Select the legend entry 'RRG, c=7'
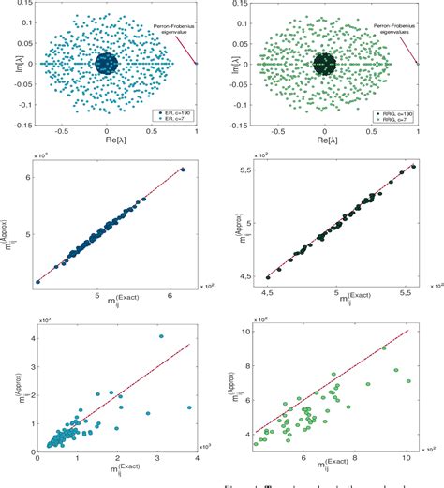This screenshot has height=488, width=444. click(x=388, y=119)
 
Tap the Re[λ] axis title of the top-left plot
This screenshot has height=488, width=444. click(x=106, y=142)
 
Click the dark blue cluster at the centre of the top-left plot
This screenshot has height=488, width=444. click(x=107, y=64)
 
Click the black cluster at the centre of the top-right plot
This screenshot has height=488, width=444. click(x=325, y=64)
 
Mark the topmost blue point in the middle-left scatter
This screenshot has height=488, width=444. click(x=183, y=170)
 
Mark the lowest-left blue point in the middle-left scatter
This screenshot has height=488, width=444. click(x=38, y=280)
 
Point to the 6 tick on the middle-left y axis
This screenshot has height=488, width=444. click(x=28, y=175)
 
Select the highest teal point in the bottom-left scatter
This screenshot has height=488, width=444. click(x=161, y=335)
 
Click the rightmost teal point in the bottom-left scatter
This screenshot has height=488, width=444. click(x=189, y=407)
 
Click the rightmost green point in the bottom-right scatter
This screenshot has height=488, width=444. click(x=407, y=380)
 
